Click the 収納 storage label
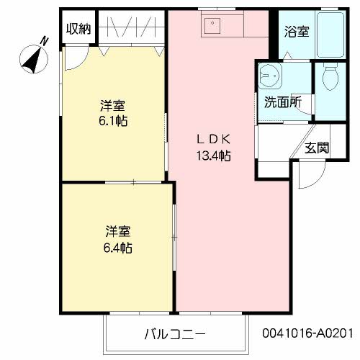(78, 28)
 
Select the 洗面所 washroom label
(282, 102)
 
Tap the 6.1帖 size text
(114, 121)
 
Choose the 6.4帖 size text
(116, 248)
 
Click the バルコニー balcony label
(175, 334)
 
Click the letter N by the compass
(45, 40)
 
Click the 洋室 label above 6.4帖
(116, 232)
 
